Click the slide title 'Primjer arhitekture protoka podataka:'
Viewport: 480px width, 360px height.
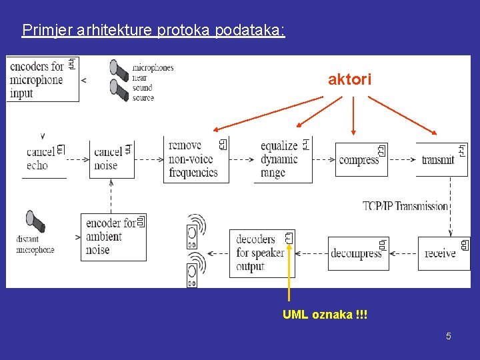point(153,30)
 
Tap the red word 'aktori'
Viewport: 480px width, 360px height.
point(349,80)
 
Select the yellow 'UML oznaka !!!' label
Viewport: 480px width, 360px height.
point(325,314)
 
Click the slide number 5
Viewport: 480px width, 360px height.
point(449,336)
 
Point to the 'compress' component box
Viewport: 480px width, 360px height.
point(361,160)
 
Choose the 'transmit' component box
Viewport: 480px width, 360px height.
point(441,159)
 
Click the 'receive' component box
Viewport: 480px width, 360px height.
point(443,253)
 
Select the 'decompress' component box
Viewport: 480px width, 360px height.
point(358,253)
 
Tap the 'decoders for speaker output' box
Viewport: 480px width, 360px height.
point(261,253)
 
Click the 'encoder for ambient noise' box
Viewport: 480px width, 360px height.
point(113,237)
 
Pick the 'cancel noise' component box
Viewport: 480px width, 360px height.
point(111,159)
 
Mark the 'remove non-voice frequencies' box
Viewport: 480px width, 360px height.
point(195,159)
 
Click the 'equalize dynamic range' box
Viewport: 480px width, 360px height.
point(283,159)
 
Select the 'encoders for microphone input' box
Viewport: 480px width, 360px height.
point(42,79)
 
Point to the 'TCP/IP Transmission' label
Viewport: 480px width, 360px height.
point(405,206)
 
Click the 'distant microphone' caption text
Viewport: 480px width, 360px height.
point(35,245)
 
